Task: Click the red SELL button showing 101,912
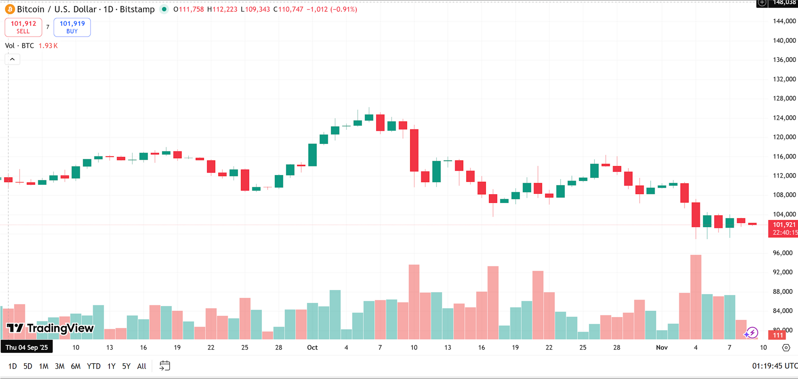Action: click(x=23, y=27)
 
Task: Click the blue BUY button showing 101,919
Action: click(x=72, y=27)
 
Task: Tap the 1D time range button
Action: click(x=12, y=366)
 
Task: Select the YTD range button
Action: click(x=94, y=366)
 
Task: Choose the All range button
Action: click(x=142, y=366)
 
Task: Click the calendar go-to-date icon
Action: click(x=165, y=366)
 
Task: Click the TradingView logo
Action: click(x=50, y=328)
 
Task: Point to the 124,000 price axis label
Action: click(x=784, y=118)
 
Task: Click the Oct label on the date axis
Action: click(x=312, y=347)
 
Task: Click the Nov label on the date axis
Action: click(x=662, y=347)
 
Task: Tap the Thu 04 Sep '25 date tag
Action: click(x=27, y=347)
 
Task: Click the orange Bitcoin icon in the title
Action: click(x=10, y=9)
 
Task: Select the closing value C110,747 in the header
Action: click(x=288, y=9)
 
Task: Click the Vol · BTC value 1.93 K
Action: click(x=48, y=46)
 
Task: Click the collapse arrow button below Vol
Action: click(x=12, y=59)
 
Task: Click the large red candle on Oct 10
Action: click(x=414, y=150)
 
